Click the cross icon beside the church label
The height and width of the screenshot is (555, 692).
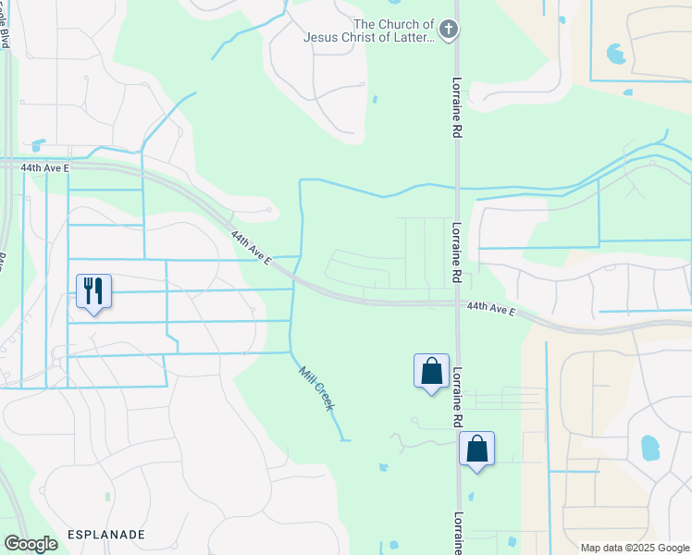448,30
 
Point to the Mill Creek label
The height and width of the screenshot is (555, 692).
315,388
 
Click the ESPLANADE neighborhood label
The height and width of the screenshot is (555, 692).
106,536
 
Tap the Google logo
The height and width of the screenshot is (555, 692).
31,543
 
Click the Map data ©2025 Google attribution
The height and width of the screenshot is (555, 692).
634,547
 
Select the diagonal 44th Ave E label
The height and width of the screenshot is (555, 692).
251,248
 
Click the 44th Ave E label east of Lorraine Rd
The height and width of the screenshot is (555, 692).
491,307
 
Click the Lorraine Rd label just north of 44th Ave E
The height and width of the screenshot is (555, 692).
458,253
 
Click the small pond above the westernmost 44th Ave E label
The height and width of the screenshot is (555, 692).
37,145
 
